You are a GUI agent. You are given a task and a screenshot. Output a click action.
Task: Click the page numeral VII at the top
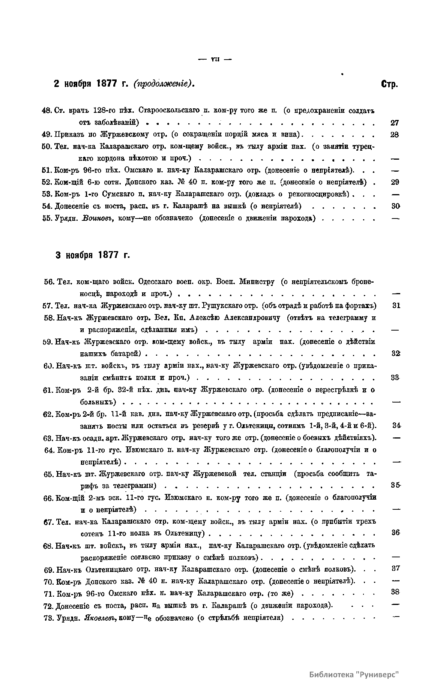[215, 58]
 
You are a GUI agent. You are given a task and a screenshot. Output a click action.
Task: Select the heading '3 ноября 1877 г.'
[92, 255]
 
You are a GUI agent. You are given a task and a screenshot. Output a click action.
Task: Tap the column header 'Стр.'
[390, 84]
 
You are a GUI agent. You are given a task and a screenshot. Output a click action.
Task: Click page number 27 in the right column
[394, 123]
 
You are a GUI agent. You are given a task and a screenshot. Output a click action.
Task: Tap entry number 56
[49, 281]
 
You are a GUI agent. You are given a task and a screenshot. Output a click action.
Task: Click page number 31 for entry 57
[396, 305]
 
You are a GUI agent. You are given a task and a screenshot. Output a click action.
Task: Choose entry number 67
[49, 522]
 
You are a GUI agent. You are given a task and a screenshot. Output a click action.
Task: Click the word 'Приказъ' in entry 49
[68, 135]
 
